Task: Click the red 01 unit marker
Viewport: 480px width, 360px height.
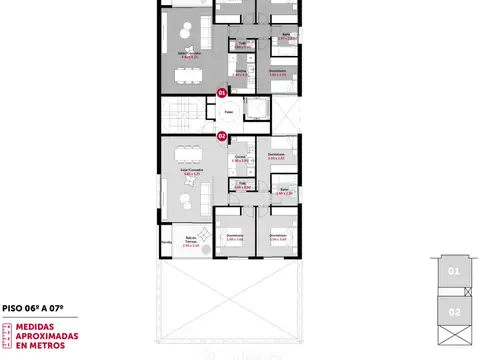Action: [221, 92]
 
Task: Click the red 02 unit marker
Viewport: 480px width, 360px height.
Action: [221, 134]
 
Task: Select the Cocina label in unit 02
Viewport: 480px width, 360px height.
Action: [240, 157]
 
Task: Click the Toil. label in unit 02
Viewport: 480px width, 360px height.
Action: [242, 185]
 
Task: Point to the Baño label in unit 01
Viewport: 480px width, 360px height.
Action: [286, 36]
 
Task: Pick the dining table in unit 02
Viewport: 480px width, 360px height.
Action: [186, 154]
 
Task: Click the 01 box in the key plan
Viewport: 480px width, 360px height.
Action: [452, 271]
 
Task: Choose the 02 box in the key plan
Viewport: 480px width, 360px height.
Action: [452, 311]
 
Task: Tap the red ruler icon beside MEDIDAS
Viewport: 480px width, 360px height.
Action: [7, 335]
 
